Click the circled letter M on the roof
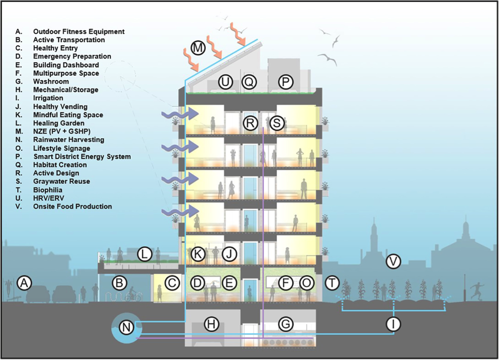198,48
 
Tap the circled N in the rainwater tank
127,326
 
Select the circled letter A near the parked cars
24,283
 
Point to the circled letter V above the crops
393,262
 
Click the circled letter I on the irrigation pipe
394,324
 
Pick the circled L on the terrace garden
144,254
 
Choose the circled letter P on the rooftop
285,82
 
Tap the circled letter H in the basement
211,324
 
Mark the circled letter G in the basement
285,324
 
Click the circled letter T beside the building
333,283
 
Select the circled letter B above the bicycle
118,283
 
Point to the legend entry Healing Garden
59,123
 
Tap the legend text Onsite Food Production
72,206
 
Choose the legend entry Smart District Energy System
82,157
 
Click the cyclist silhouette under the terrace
133,296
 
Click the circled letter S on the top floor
277,123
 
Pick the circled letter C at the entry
172,283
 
